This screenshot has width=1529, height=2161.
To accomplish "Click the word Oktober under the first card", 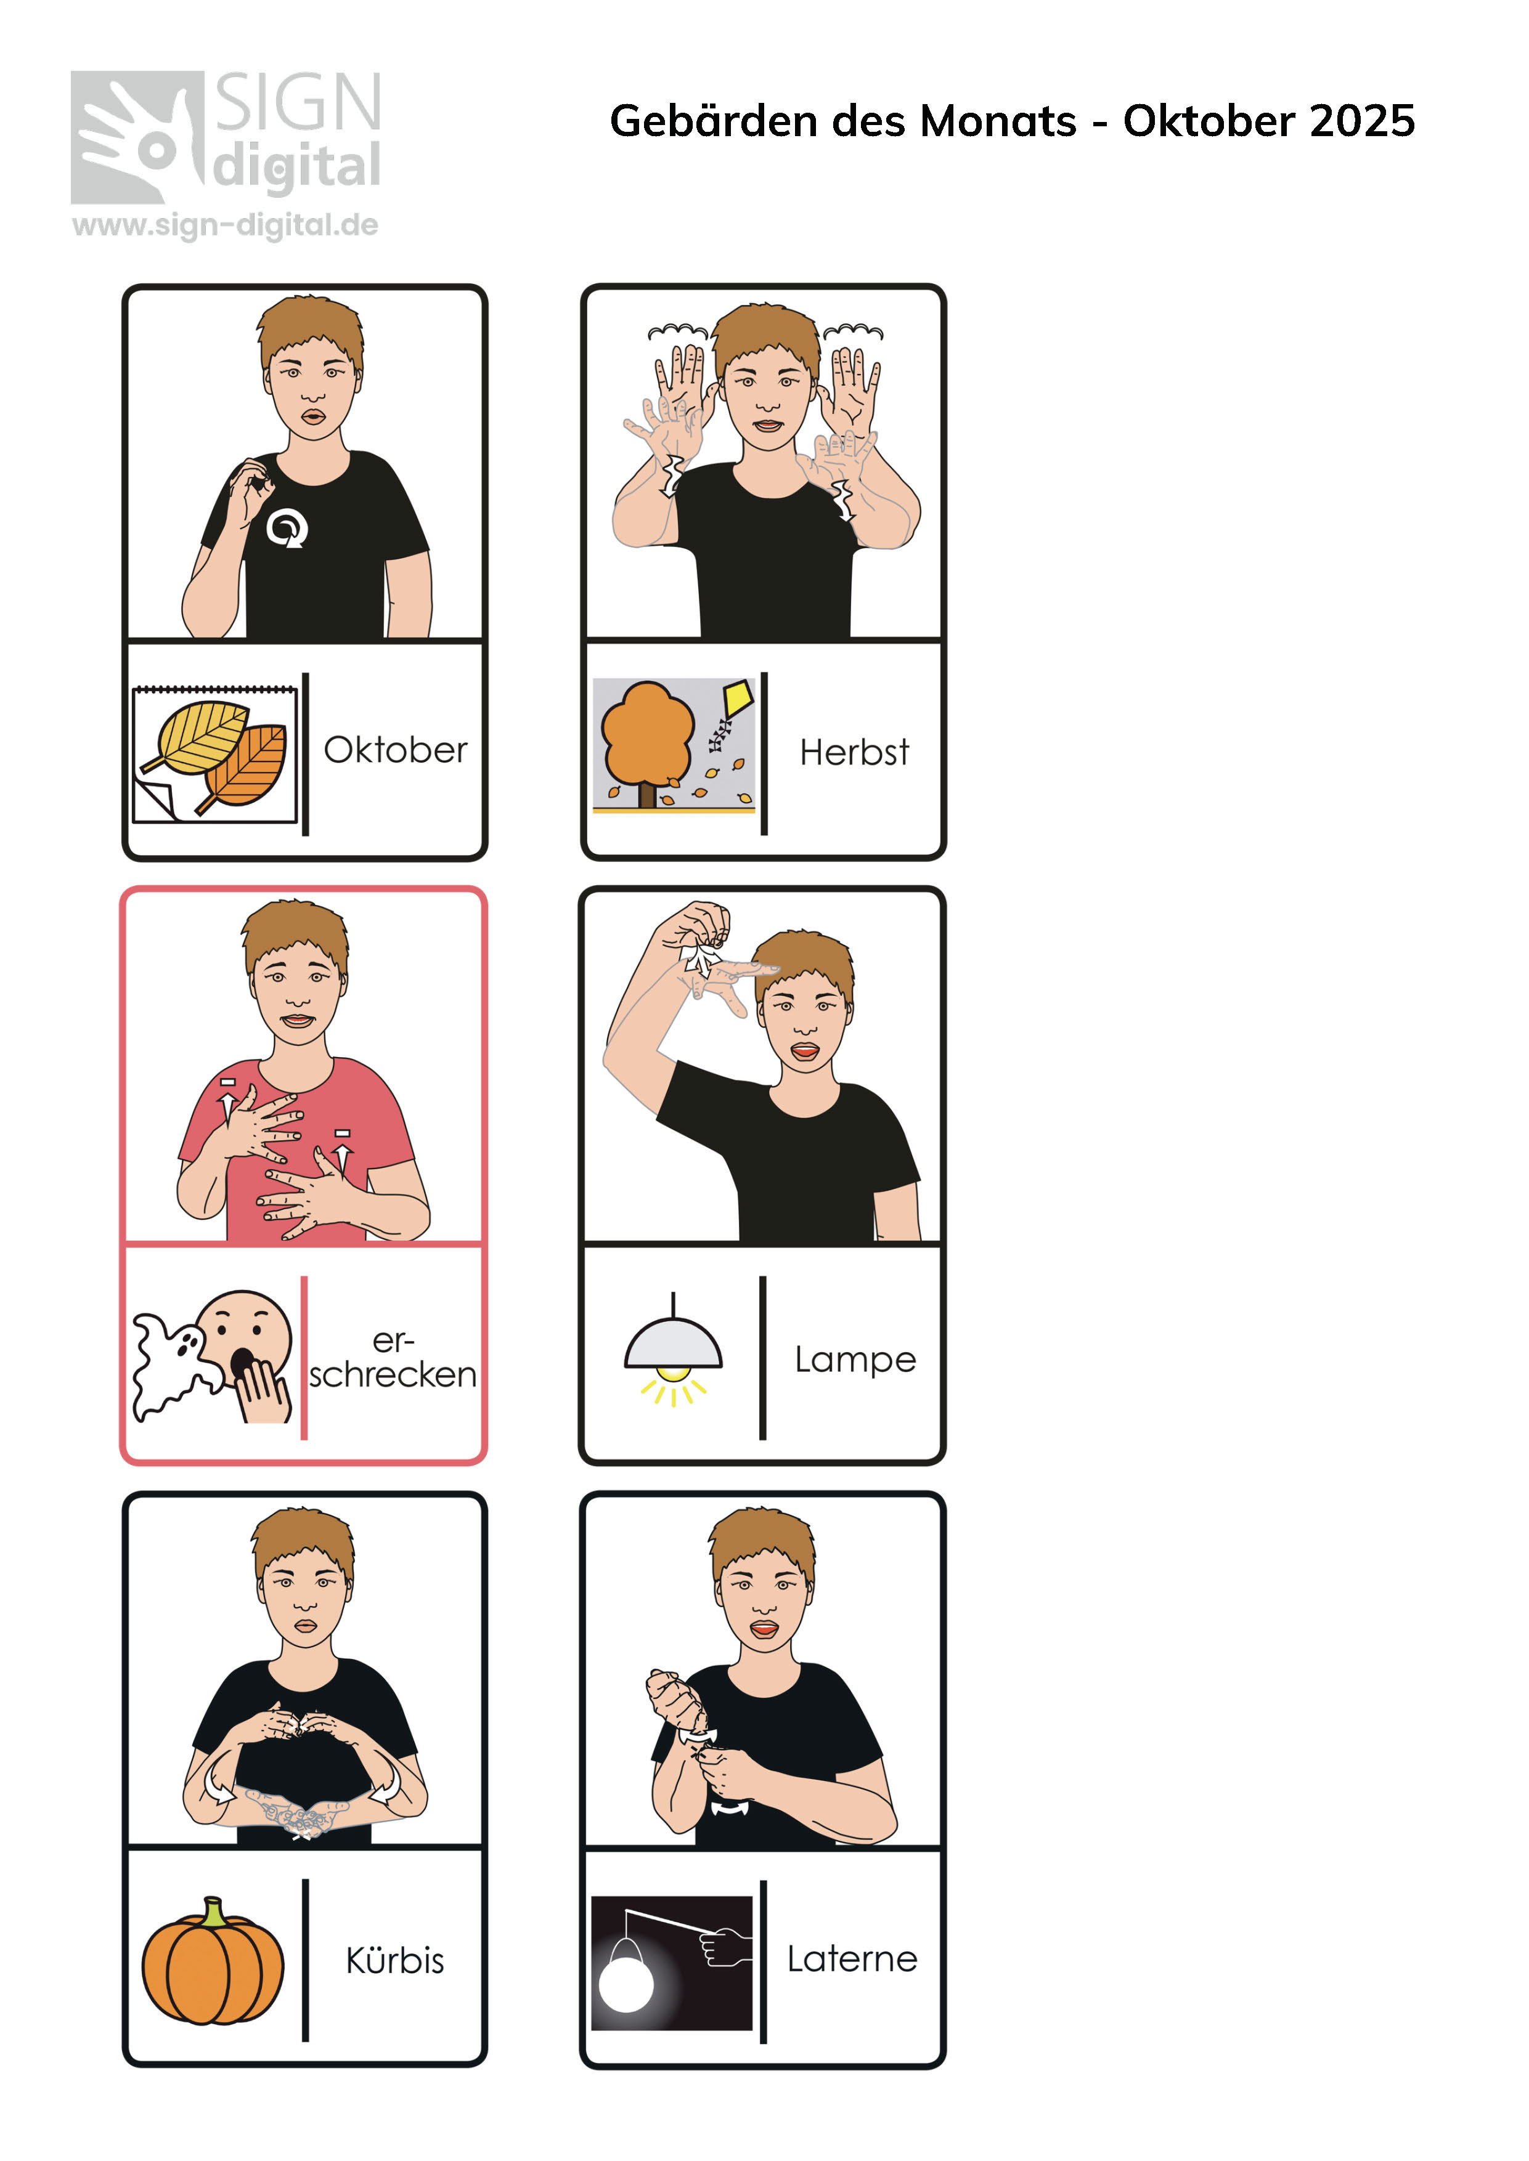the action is point(396,750).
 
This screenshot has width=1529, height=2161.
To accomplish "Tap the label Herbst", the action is point(854,752).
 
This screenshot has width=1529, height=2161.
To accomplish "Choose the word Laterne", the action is point(852,1959).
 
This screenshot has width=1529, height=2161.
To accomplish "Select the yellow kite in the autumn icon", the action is point(737,699).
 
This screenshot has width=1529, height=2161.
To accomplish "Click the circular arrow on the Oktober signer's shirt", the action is point(286,528).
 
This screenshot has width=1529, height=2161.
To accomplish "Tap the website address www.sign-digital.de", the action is point(225,225).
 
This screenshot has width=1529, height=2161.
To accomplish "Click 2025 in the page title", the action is point(1363,121).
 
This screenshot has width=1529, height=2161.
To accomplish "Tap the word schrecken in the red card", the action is point(393,1375).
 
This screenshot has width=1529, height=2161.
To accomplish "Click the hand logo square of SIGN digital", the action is point(137,137).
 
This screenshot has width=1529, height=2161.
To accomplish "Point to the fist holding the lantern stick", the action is point(727,1947).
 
